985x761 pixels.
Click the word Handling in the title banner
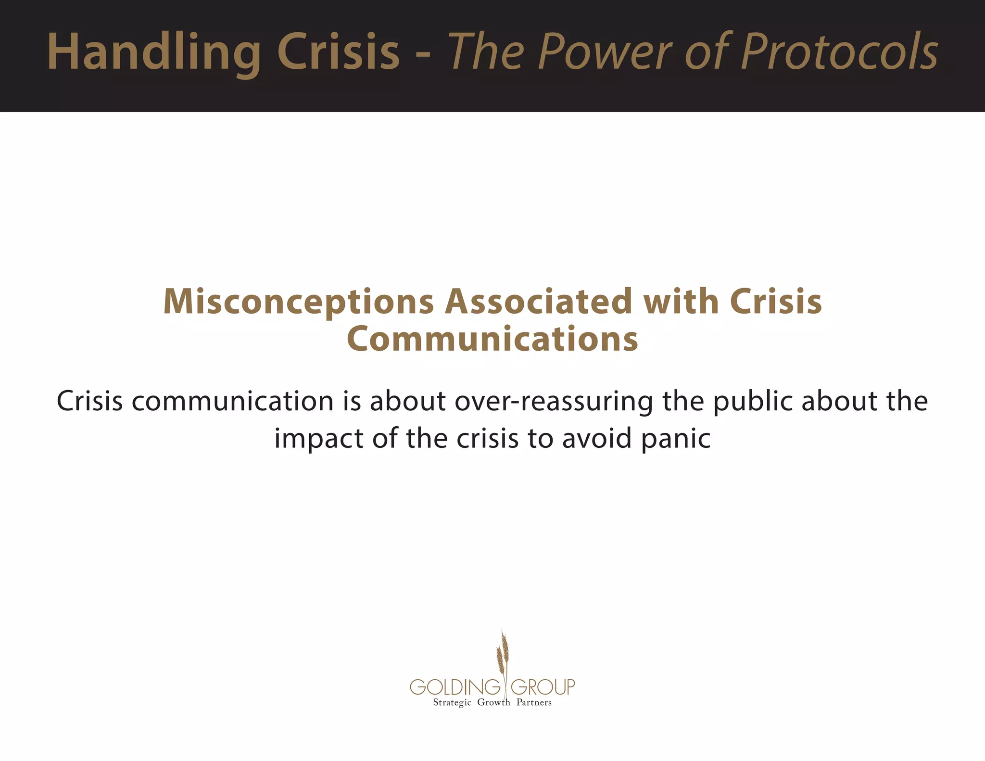click(154, 52)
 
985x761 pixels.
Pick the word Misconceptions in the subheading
click(299, 302)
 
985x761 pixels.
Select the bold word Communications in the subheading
click(492, 339)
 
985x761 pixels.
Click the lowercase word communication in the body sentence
click(233, 401)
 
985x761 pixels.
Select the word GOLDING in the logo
click(455, 687)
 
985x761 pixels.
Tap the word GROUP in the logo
click(543, 687)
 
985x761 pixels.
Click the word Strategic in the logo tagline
click(452, 703)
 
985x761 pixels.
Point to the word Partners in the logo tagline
click(534, 702)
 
